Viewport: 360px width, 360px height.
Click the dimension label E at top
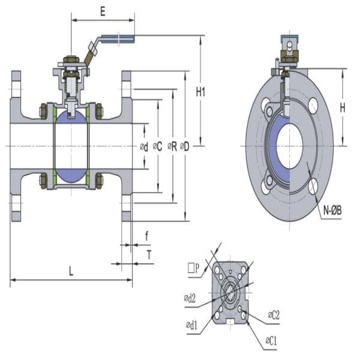click(103, 11)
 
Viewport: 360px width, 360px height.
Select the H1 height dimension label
click(201, 92)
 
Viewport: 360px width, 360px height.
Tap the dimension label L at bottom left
click(71, 271)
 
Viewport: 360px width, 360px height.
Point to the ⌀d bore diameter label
click(144, 146)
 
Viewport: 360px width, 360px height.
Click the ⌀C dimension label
click(158, 146)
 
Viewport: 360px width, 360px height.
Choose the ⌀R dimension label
click(172, 146)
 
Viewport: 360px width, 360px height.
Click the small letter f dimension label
click(146, 236)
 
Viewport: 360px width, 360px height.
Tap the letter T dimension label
click(148, 254)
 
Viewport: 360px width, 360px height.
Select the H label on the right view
click(342, 108)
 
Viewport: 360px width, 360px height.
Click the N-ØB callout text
click(332, 211)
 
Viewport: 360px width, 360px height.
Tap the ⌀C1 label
click(271, 340)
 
